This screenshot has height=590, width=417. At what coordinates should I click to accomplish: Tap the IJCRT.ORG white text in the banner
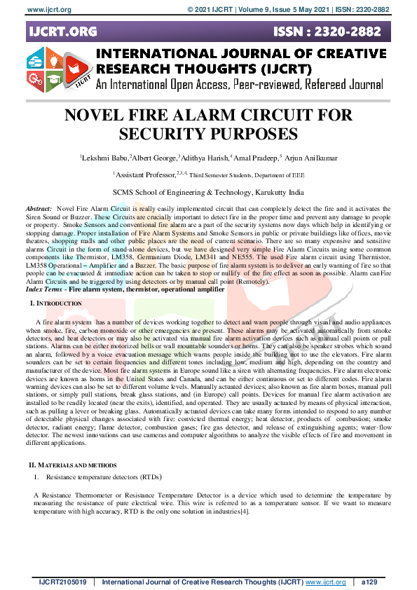[x=61, y=32]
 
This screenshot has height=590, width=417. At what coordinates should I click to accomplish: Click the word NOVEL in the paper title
[x=97, y=116]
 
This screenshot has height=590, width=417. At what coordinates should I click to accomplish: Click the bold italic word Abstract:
[x=39, y=209]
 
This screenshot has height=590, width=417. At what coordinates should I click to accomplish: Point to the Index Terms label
[x=43, y=288]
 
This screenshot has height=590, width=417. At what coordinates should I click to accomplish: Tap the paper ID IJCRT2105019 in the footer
[x=62, y=582]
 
